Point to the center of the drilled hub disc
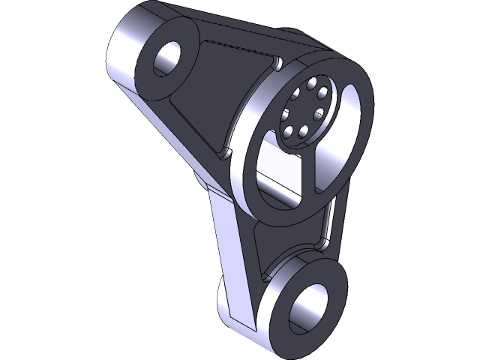[304, 112]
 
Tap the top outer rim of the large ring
[330, 64]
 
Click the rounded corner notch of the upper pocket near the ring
[277, 62]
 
